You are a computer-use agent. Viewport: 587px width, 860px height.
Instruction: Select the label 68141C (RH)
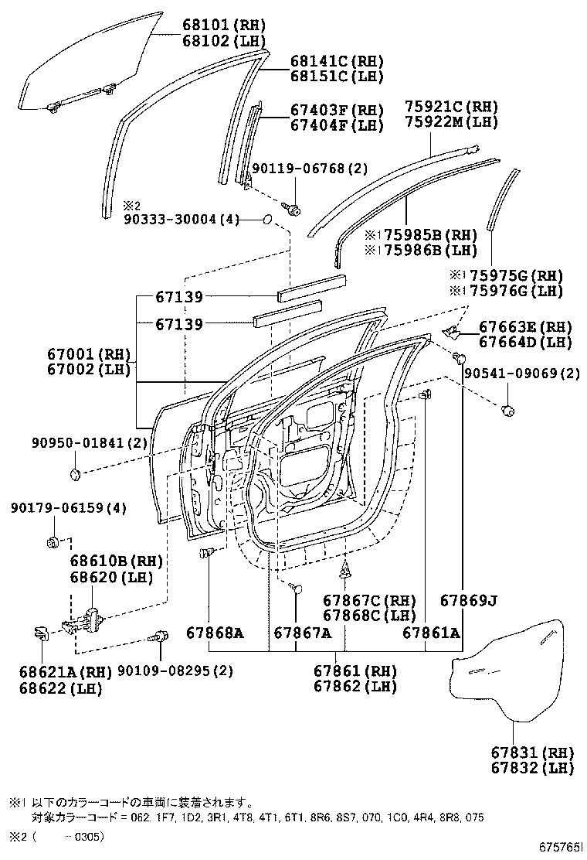pos(325,61)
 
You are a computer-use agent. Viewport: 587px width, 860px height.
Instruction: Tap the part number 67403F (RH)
pos(325,110)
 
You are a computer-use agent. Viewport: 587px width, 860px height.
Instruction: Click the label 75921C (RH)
pos(451,107)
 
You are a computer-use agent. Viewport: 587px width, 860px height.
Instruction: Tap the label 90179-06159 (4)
pos(57,507)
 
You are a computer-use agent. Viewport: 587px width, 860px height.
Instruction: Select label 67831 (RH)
pos(531,752)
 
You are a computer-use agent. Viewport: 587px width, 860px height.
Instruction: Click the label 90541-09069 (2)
pos(521,374)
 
